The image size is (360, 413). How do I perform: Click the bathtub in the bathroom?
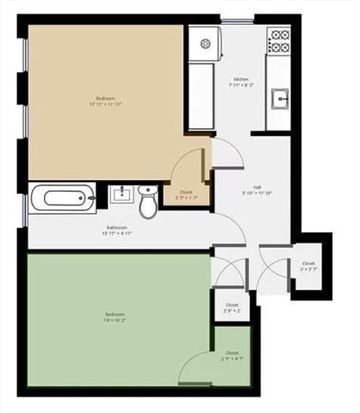click(59, 200)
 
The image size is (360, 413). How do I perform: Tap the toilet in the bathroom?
click(149, 201)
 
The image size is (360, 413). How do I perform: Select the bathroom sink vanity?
click(123, 194)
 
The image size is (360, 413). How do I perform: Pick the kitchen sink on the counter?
click(279, 101)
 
